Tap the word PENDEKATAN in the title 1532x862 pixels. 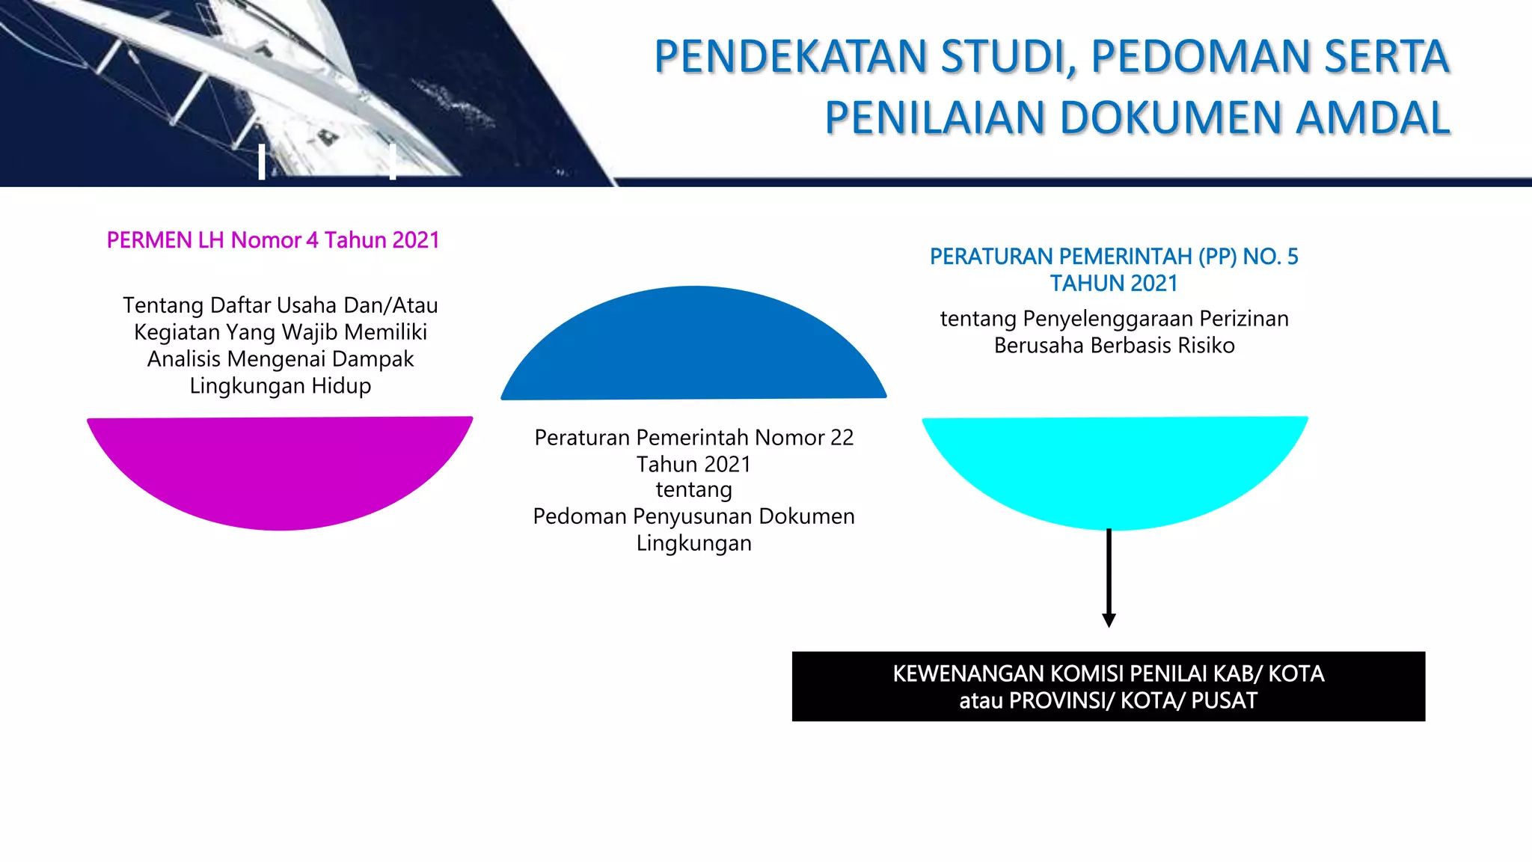(x=791, y=57)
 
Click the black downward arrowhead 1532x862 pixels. (x=1109, y=620)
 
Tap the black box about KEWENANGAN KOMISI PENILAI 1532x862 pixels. (x=1108, y=686)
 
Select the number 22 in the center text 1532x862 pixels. (x=842, y=438)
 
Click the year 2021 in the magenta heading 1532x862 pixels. (x=416, y=240)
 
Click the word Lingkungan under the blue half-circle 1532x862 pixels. (x=693, y=543)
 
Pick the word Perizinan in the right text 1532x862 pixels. (x=1244, y=319)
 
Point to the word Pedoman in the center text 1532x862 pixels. (x=579, y=516)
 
